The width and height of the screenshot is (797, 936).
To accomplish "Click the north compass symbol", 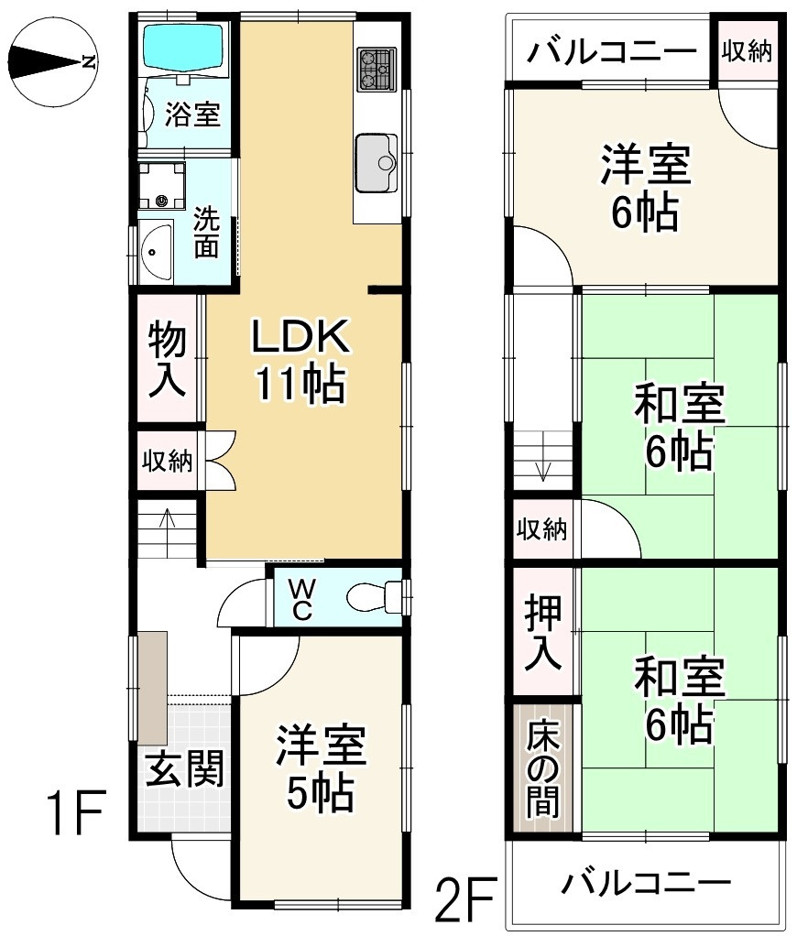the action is [x=55, y=62].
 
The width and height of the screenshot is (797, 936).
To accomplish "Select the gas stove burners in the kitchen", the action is [x=377, y=70].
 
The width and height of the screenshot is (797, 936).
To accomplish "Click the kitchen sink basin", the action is [x=377, y=162].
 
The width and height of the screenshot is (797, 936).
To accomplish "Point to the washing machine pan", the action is [x=161, y=185].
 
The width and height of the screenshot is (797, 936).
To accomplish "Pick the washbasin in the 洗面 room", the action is [x=157, y=251].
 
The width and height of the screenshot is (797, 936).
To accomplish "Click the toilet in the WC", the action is [x=375, y=596].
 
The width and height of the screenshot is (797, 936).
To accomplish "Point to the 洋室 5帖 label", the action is [x=322, y=768].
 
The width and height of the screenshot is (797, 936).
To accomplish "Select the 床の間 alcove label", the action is [x=542, y=769].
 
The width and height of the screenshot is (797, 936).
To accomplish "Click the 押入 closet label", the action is [x=542, y=632].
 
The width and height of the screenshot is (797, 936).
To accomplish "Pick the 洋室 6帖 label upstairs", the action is [x=645, y=188].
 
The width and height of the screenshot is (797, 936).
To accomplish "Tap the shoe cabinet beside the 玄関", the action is [x=152, y=688].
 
